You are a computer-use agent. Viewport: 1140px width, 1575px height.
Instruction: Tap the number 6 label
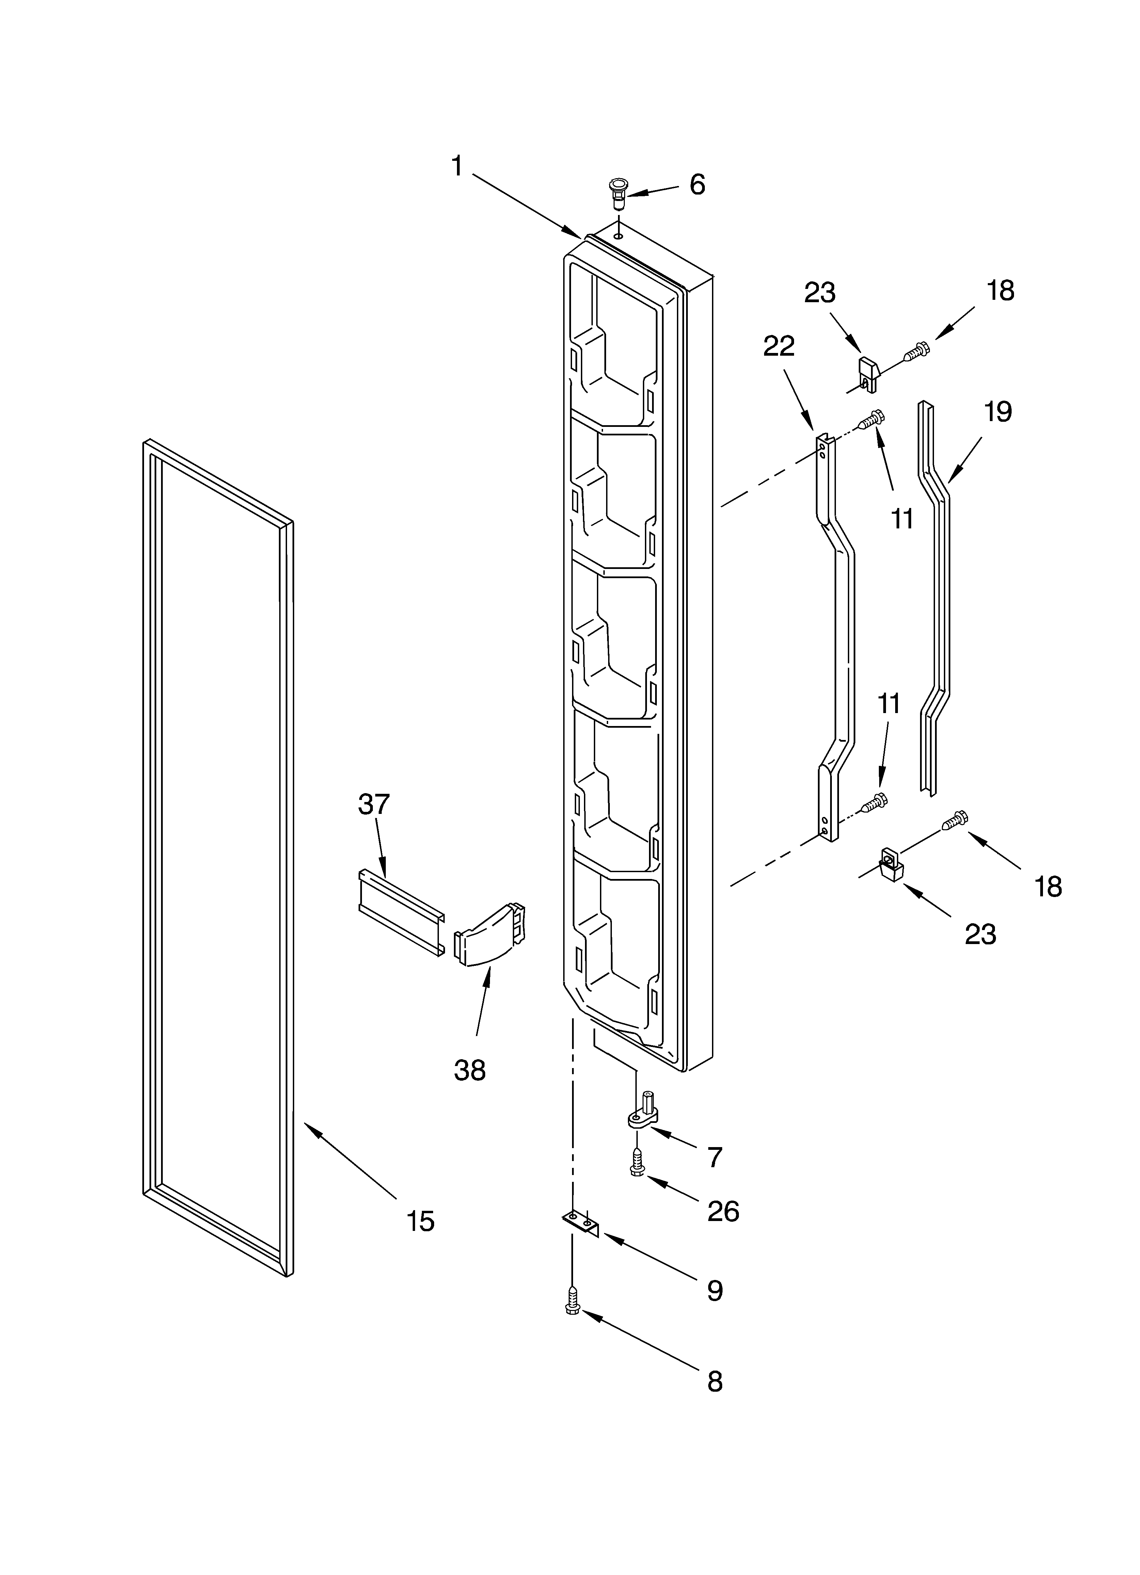[697, 185]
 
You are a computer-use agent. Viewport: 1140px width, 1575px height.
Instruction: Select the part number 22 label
[778, 346]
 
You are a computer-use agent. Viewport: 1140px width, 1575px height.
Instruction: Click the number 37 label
[374, 804]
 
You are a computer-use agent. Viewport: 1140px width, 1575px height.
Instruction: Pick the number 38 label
[469, 1070]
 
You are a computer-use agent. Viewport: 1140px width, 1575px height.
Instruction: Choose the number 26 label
[723, 1212]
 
